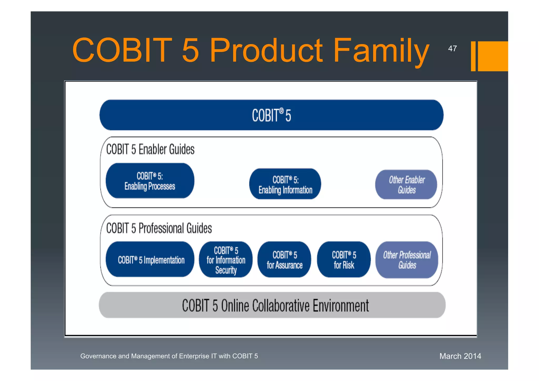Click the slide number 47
click(452, 49)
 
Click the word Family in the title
click(381, 51)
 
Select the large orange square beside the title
click(493, 56)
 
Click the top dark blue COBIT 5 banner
click(271, 115)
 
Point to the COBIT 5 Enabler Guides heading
click(150, 149)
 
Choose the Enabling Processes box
click(150, 181)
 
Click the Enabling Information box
click(285, 184)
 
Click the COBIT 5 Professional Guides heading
click(159, 228)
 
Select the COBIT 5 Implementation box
click(150, 260)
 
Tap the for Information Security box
click(226, 260)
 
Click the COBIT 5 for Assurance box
click(284, 260)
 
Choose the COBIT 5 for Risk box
click(344, 260)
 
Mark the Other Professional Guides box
click(407, 260)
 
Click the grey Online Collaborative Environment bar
click(272, 305)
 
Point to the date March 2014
click(460, 356)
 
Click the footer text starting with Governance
click(169, 356)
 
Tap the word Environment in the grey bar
click(341, 306)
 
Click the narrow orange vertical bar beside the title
click(473, 56)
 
